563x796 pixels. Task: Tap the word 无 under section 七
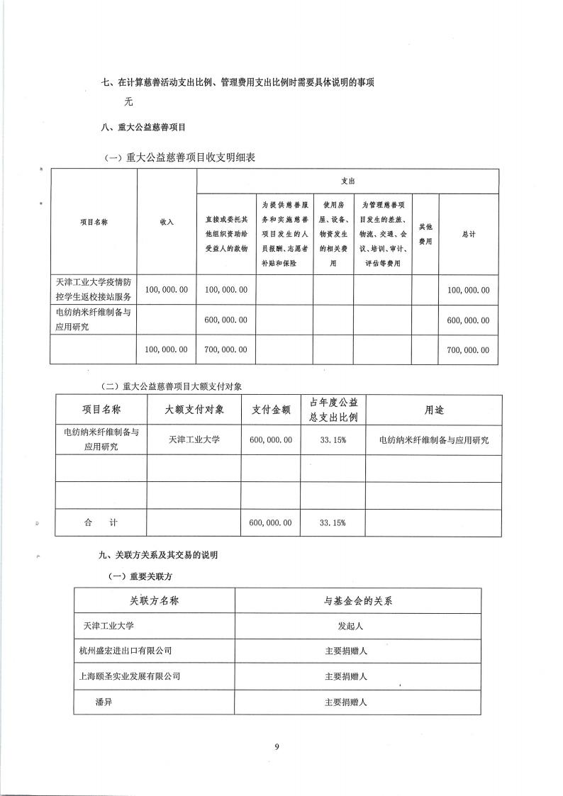(x=128, y=101)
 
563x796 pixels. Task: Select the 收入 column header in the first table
(x=167, y=222)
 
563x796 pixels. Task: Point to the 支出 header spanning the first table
(x=347, y=181)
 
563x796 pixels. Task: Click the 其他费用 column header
(x=425, y=234)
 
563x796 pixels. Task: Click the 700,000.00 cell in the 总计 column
(x=468, y=350)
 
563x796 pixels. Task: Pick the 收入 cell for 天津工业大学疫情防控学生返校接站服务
(x=167, y=290)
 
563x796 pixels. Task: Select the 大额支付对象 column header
(x=194, y=410)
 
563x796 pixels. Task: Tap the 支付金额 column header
(x=271, y=410)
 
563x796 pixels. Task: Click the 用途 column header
(x=434, y=410)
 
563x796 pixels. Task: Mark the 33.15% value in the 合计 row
(x=333, y=523)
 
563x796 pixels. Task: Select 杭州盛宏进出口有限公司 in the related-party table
(x=126, y=650)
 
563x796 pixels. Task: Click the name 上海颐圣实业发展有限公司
(x=130, y=676)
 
